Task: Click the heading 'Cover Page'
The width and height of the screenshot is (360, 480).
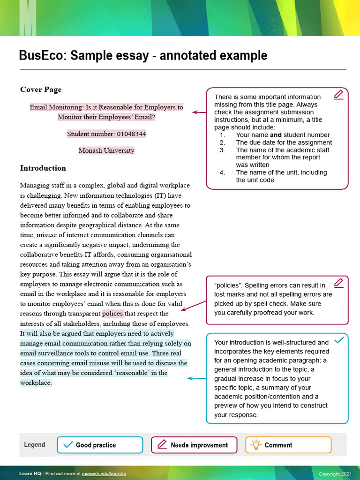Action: pos(41,90)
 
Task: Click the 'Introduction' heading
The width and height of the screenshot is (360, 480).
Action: pos(43,168)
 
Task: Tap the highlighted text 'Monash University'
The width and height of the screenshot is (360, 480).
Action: pos(106,150)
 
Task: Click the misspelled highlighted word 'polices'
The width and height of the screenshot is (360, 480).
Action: pos(112,314)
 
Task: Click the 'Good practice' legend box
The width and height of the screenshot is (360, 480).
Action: pos(100,445)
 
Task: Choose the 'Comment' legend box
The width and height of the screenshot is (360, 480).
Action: pos(288,445)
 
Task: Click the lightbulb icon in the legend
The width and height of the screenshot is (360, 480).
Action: pos(256,444)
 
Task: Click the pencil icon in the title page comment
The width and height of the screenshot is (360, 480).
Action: pos(338,95)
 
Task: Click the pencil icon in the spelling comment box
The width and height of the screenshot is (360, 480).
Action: pos(338,283)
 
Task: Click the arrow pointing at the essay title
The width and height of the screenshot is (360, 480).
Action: pos(199,112)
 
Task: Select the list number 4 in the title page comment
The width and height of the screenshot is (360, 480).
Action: pos(223,172)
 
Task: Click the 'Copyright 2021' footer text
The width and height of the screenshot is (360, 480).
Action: pos(335,474)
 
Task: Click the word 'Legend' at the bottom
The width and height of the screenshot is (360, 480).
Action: pos(35,445)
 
